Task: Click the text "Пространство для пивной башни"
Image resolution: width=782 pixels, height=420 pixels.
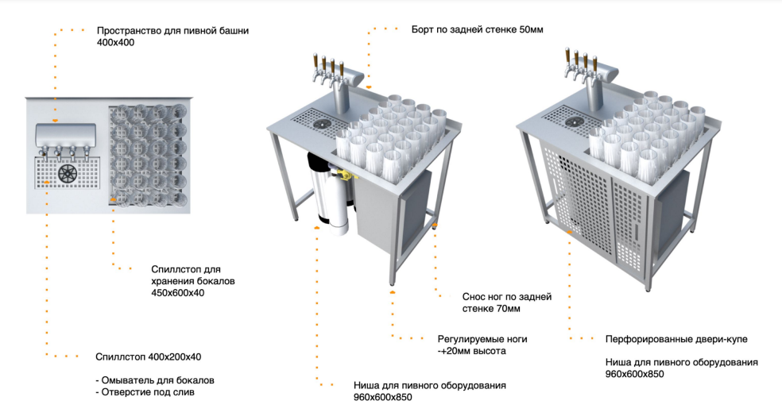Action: pos(172,31)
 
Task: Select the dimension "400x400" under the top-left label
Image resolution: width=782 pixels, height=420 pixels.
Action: pos(115,43)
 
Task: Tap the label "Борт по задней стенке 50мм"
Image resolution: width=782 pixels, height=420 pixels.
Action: pos(477,30)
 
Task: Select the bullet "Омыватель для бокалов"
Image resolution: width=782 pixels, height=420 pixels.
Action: pos(157,380)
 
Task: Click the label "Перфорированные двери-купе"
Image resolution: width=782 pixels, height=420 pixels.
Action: pos(676,339)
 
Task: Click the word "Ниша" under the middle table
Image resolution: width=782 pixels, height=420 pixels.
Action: pos(367,386)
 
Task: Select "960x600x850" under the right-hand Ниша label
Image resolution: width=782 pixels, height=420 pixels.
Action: pos(635,373)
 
